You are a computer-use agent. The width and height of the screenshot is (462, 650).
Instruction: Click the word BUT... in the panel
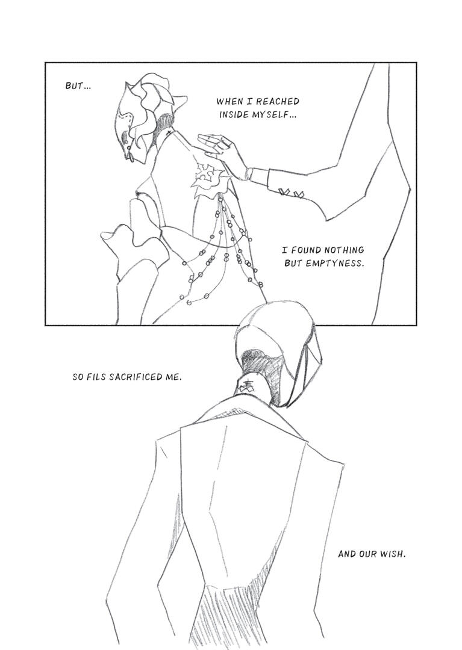click(78, 86)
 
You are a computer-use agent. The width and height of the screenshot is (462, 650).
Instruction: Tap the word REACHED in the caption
click(280, 102)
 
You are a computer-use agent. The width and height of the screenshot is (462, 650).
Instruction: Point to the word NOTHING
click(344, 250)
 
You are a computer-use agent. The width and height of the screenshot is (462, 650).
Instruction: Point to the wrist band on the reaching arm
click(249, 173)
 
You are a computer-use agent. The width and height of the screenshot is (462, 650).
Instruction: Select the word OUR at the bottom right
click(367, 554)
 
